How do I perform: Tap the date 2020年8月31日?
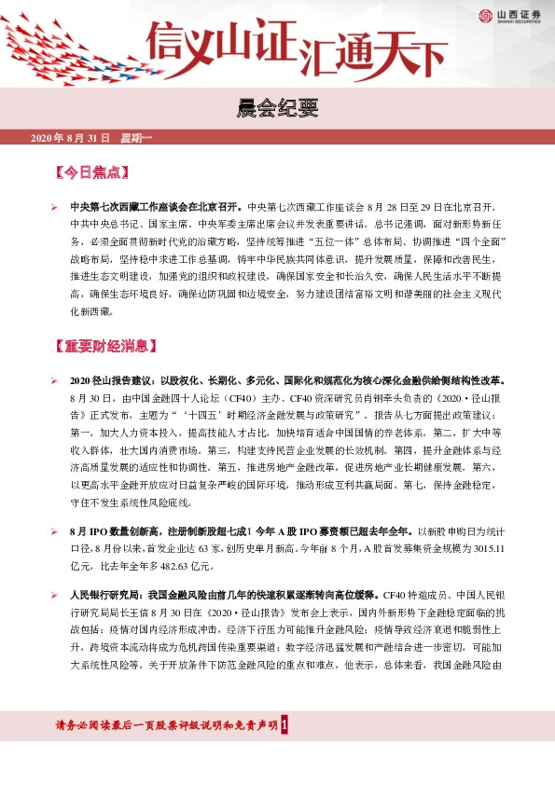(70, 139)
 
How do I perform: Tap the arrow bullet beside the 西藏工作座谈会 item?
(55, 207)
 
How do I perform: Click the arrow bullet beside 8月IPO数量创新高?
(55, 530)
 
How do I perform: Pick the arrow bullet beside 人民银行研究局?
(55, 593)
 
